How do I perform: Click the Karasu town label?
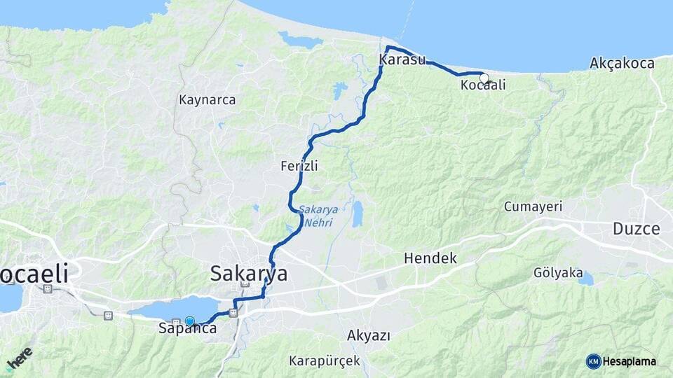[x=402, y=60]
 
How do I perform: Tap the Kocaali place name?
[x=483, y=85]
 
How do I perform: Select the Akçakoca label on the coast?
[x=622, y=63]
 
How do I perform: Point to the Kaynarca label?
[x=207, y=99]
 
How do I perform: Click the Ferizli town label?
[x=299, y=166]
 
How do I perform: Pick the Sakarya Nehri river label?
[x=318, y=216]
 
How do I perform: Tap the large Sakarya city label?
[x=249, y=274]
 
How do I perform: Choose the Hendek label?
[x=430, y=258]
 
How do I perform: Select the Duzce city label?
[x=636, y=228]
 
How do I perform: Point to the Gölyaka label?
[x=558, y=272]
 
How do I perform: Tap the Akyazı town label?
[x=368, y=335]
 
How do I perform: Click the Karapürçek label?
[x=324, y=361]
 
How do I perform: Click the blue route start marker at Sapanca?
[x=189, y=321]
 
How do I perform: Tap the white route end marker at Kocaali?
[x=484, y=78]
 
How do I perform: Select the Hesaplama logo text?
[x=630, y=362]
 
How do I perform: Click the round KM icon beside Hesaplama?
[x=593, y=361]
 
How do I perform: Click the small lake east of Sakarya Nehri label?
[x=358, y=214]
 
